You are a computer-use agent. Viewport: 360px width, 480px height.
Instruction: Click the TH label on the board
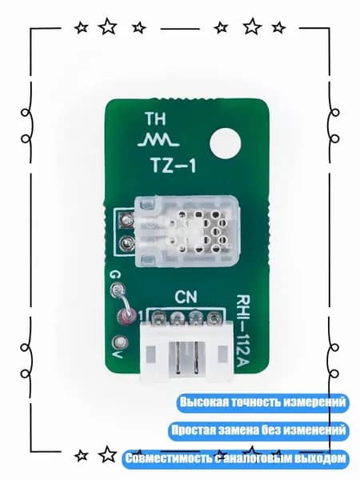pos(155,118)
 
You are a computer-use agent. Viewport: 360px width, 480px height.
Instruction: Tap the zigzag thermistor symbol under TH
pos(158,139)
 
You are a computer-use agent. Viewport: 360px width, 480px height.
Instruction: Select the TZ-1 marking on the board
pos(174,166)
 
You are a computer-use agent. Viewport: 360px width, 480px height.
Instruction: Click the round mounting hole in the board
pos(226,143)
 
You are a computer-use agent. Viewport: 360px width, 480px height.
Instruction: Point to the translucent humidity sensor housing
pos(186,231)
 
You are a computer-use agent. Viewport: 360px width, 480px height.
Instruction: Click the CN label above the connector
pos(186,297)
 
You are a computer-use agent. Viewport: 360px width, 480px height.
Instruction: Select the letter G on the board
pos(116,274)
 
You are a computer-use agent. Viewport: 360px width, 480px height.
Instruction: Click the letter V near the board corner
pos(118,354)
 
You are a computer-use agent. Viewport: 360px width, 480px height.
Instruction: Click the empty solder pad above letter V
pos(120,342)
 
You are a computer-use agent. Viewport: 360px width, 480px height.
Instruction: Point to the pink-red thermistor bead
pos(126,316)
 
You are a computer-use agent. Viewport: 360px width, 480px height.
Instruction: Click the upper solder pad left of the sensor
pos(126,219)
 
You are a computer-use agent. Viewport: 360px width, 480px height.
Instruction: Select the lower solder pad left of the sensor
pos(126,244)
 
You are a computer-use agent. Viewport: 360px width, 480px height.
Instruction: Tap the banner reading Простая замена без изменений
pos(258,430)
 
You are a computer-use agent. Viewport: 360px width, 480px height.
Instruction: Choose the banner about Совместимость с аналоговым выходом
pos(235,459)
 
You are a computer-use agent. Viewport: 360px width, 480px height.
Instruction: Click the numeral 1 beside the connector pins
pos(141,316)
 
